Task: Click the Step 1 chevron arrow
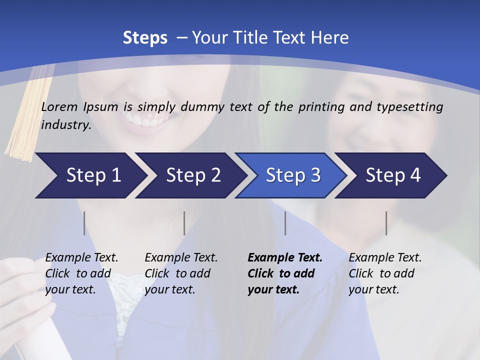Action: [x=90, y=175]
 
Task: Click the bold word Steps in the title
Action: [x=145, y=37]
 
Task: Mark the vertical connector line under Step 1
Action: [x=84, y=223]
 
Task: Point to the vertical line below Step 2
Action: [x=184, y=223]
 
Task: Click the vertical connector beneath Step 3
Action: [x=285, y=223]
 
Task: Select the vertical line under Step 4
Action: [x=386, y=223]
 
